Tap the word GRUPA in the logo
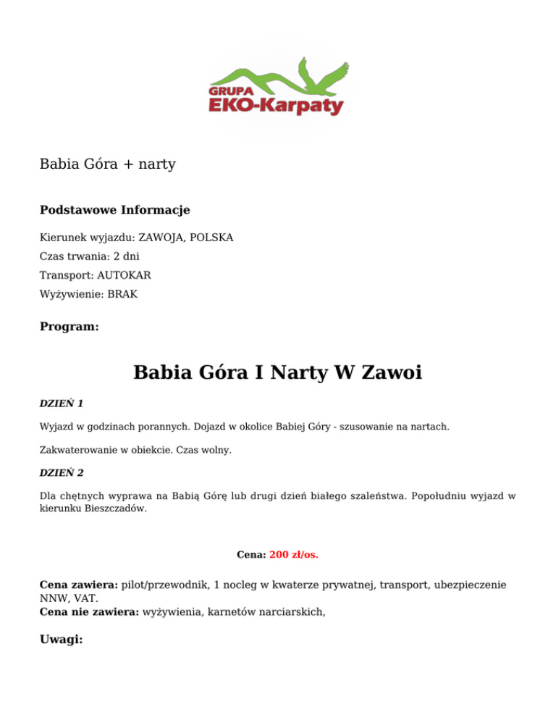point(229,91)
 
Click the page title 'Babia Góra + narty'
point(108,164)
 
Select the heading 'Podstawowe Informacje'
point(114,210)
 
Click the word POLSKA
point(215,238)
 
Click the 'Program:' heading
point(69,327)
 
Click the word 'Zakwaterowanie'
point(80,450)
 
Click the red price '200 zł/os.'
point(294,556)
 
